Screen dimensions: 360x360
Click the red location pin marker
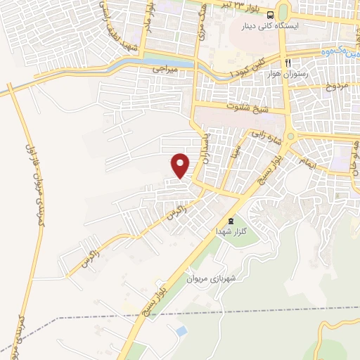point(181,165)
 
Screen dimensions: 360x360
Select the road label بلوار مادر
point(148,12)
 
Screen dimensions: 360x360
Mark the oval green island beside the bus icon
point(283,12)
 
